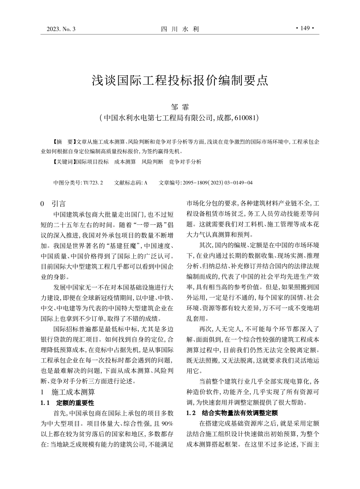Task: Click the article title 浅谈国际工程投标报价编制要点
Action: tap(180, 80)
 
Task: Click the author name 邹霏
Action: tap(180, 107)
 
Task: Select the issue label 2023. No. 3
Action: tap(61, 29)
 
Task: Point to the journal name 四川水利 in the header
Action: tap(180, 29)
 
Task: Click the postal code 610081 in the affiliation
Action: tap(245, 118)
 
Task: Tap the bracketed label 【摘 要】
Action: tap(63, 142)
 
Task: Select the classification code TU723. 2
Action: tap(93, 183)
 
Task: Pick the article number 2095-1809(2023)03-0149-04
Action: tap(217, 183)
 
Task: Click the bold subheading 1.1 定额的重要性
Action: tap(67, 403)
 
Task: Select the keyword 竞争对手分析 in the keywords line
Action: tap(185, 162)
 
